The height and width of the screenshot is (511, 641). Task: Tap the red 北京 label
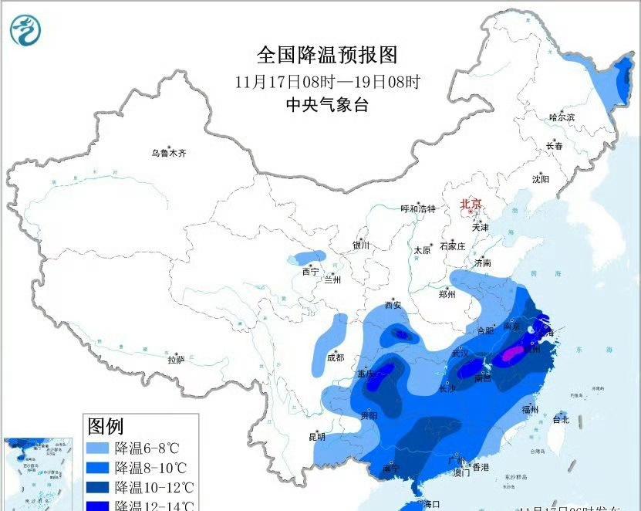tap(471, 204)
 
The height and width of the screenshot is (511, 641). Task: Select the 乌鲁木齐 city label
tap(169, 154)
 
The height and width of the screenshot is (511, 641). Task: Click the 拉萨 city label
tap(176, 359)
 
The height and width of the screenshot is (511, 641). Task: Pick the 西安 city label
tap(393, 305)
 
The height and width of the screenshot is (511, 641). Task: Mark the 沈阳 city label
tap(540, 179)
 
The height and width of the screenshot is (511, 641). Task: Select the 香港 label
tap(481, 468)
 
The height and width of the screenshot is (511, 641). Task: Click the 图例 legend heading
tap(106, 425)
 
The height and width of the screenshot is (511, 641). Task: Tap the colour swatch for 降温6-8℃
tap(98, 448)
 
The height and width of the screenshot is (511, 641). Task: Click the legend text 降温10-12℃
tap(153, 488)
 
